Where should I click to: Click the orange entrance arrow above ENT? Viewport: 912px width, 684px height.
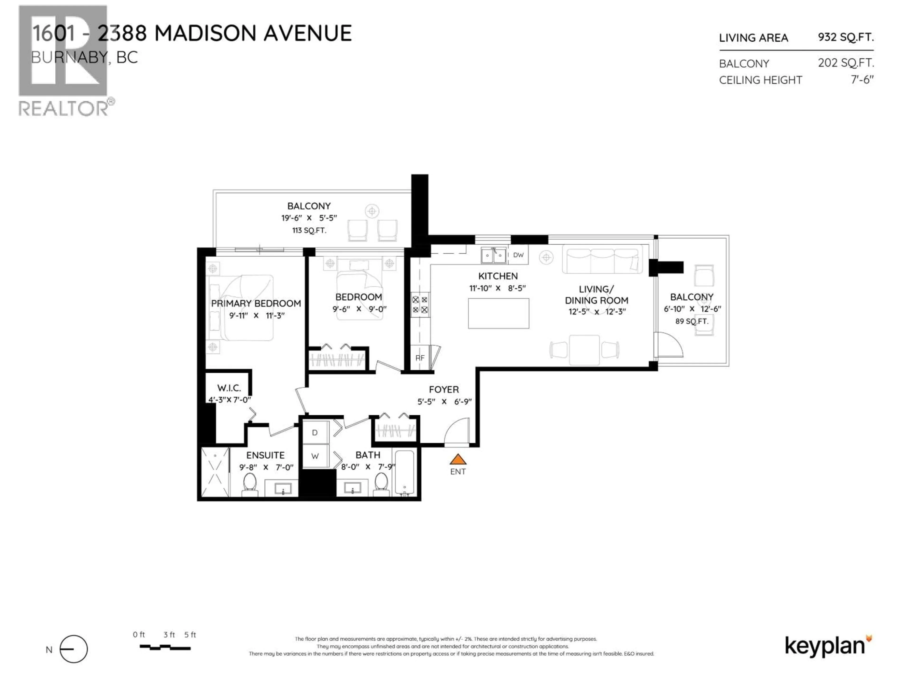click(x=458, y=459)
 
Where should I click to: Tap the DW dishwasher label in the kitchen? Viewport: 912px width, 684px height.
click(x=518, y=255)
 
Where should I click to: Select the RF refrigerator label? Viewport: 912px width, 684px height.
click(x=420, y=358)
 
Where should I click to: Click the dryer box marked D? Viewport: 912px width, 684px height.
click(x=315, y=432)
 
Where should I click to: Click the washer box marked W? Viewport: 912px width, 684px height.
click(x=315, y=456)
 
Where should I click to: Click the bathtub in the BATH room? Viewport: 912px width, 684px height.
click(x=405, y=472)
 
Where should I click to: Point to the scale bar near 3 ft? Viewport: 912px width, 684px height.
click(x=165, y=648)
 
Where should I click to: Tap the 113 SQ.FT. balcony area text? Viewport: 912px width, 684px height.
click(x=309, y=230)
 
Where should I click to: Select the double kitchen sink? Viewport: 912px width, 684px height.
click(x=494, y=256)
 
